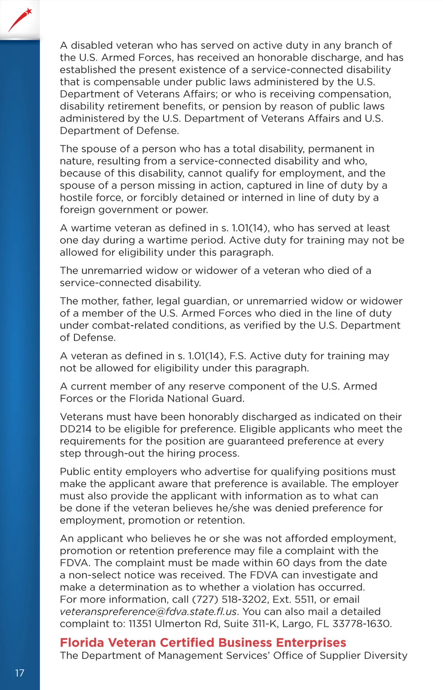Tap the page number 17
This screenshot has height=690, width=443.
(20, 673)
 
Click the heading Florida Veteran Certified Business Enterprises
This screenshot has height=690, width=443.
(203, 642)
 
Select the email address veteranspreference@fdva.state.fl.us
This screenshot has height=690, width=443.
(148, 611)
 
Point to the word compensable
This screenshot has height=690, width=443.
(127, 82)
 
